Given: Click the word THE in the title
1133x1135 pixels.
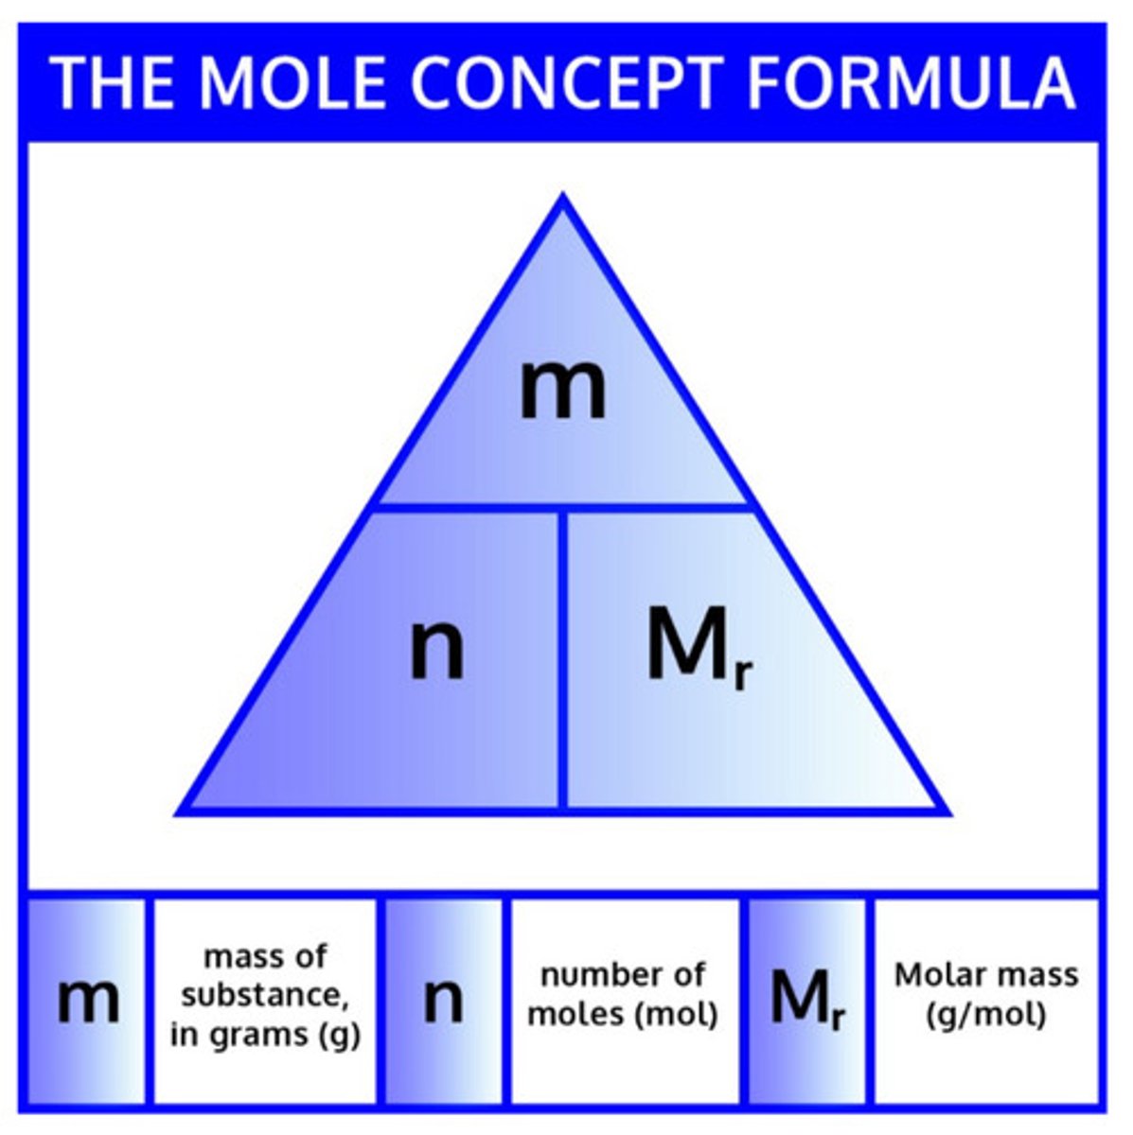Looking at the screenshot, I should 113,82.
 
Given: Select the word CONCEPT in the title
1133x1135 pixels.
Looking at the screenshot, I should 566,82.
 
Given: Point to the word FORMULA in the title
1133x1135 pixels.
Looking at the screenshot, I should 911,82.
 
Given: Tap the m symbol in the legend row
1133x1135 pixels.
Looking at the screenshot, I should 88,1000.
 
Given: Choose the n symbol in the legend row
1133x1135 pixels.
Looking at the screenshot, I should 443,1000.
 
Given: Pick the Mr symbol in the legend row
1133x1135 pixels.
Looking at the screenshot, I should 806,1000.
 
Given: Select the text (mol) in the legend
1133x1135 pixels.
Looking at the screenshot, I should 674,1015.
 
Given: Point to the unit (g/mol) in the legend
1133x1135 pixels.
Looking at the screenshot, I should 986,1015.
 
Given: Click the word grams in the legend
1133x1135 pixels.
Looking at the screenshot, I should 260,1034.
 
